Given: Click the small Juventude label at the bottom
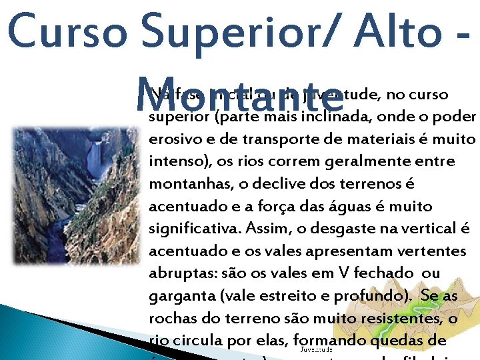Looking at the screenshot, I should click(x=316, y=349).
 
